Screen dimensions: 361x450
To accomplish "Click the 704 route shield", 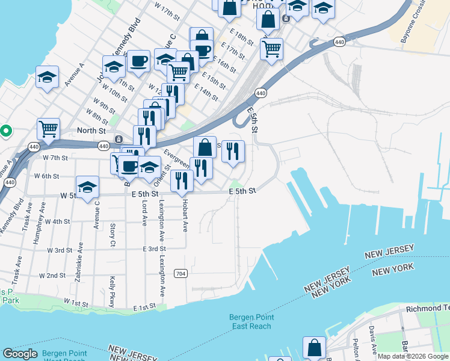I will click(180, 273).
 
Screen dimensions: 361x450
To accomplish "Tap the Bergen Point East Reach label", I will click(251, 322).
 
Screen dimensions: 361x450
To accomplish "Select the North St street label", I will click(91, 131).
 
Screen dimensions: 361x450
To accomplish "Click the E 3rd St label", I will click(155, 248).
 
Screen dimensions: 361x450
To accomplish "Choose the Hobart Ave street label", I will click(186, 213).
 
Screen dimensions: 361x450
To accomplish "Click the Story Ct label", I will click(112, 235).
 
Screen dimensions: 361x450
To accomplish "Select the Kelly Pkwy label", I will click(112, 291).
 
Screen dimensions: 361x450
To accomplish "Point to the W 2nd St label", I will click(52, 276).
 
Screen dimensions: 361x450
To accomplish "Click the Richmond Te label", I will click(428, 308).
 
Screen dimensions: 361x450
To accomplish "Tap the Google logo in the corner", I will click(20, 354).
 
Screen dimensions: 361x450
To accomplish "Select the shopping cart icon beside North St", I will click(48, 128).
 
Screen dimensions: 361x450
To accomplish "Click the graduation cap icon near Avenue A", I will click(47, 77).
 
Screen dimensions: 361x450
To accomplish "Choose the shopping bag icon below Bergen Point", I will click(314, 347).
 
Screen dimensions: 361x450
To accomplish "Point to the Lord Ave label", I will click(144, 213).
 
